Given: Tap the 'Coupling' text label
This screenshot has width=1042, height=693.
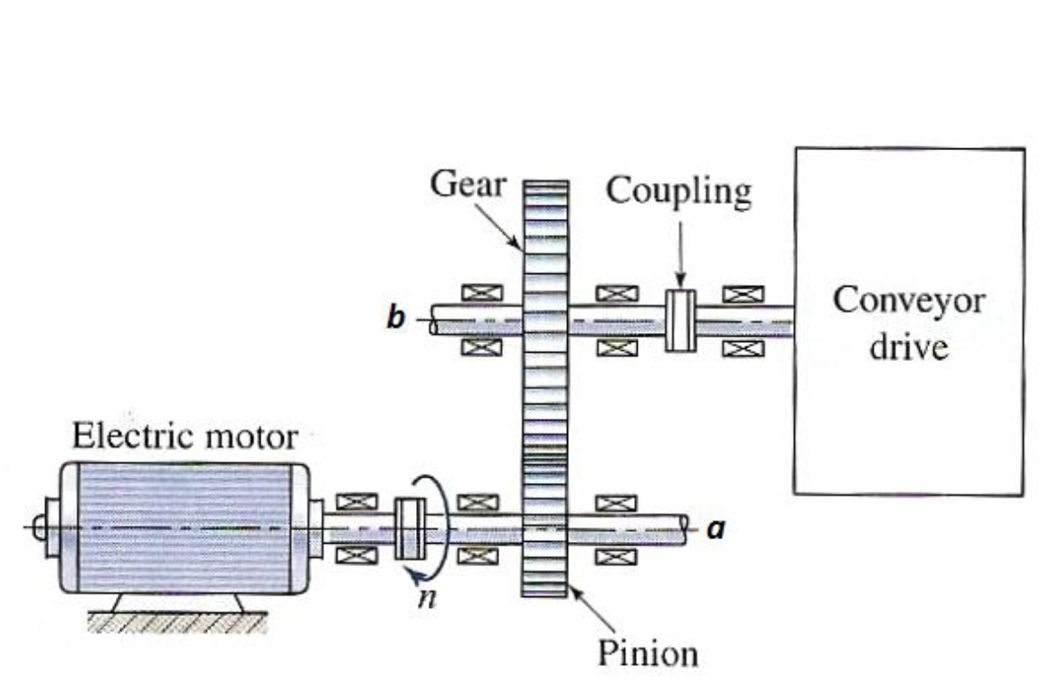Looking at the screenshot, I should [x=678, y=191].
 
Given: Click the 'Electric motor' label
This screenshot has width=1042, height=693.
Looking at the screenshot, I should [x=184, y=438].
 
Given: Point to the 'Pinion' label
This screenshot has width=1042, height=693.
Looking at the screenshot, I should [x=648, y=653].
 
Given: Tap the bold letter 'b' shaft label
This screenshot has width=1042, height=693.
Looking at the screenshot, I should [x=395, y=319].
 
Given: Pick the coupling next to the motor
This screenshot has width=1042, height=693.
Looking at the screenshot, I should [x=411, y=528].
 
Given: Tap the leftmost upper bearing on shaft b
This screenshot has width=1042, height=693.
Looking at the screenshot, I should [x=478, y=293].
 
